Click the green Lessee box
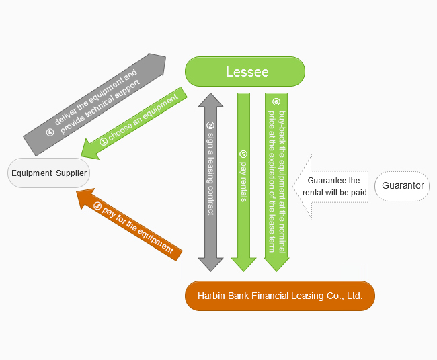pos(245,72)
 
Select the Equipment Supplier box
pos(49,173)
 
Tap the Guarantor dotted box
pos(402,186)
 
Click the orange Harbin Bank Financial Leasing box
pos(280,296)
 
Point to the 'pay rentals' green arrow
pos(243,181)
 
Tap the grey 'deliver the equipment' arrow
pos(94,101)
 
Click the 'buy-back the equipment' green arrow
pos(276,181)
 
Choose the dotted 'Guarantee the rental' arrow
pos(329,186)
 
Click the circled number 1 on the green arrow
pos(104,142)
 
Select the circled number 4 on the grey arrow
pos(50,132)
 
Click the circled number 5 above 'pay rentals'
pos(243,154)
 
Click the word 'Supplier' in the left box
pos(71,173)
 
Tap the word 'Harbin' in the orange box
pos(211,296)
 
